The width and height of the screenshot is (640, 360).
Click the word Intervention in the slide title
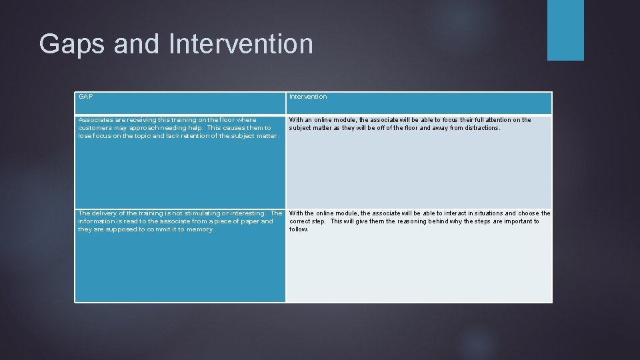pos(241,45)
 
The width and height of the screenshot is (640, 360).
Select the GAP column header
pos(85,97)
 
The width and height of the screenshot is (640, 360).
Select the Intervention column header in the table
pos(308,97)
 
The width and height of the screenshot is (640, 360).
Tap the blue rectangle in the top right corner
pos(565,30)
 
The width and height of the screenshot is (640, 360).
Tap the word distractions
pos(480,128)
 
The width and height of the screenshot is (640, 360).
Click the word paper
pos(245,221)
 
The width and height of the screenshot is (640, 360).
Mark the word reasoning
pos(415,221)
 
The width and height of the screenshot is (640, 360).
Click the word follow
pos(298,229)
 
